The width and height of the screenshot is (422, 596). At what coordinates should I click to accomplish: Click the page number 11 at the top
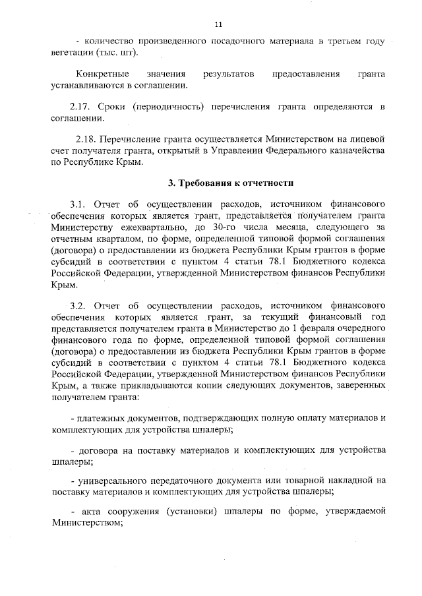[x=218, y=24]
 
